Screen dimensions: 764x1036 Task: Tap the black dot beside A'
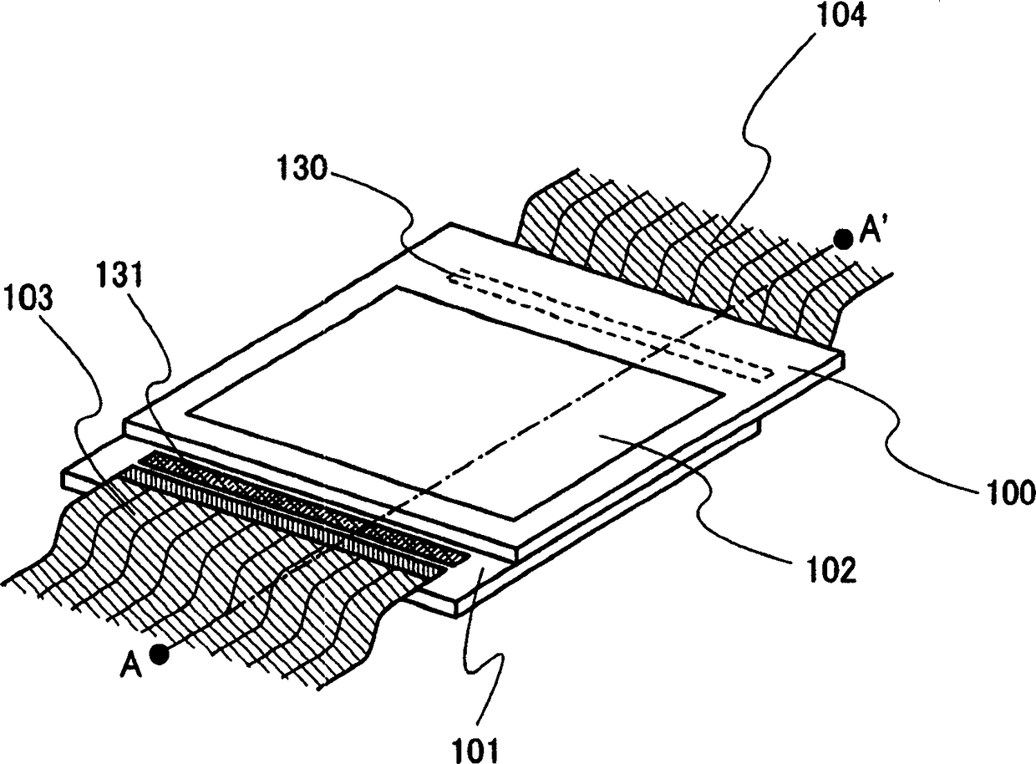click(843, 240)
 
